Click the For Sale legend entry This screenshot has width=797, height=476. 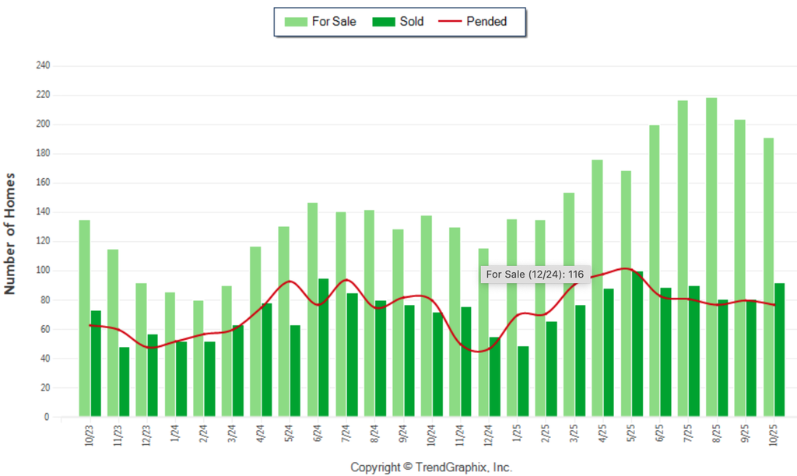pos(321,22)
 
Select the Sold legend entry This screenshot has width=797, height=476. pos(398,22)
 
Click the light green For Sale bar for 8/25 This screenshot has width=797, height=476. pos(711,257)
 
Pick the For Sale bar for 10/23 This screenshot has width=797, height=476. pos(84,318)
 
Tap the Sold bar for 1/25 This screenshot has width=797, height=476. pos(523,381)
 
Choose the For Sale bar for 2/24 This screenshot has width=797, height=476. pos(198,359)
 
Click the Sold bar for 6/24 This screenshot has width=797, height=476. pos(323,347)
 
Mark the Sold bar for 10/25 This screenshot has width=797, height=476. pos(779,350)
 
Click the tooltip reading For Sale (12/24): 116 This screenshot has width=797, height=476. pos(535,275)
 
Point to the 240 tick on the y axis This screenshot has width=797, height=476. pos(43,66)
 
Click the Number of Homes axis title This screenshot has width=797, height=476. pos(11,233)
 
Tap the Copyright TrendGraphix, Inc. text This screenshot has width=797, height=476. pos(431,467)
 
